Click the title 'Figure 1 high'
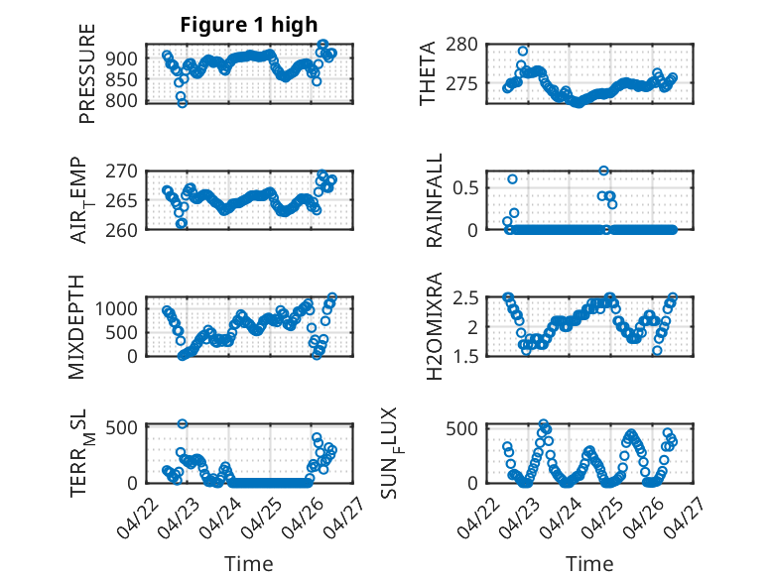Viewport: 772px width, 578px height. (249, 25)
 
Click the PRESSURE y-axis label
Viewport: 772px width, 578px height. (86, 73)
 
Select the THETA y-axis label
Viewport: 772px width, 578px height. (428, 73)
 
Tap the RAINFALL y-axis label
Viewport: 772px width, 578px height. (435, 200)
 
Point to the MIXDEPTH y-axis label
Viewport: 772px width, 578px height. (76, 327)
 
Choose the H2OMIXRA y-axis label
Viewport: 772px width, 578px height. (435, 326)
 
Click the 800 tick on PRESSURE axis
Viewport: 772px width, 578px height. (122, 100)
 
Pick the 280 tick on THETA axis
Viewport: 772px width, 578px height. (461, 45)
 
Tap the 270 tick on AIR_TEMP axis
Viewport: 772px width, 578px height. (122, 172)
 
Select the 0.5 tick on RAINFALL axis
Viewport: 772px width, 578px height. (465, 188)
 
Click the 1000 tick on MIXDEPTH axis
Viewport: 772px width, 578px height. (116, 309)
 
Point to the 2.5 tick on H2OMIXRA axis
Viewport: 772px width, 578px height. (465, 298)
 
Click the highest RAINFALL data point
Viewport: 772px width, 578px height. (603, 171)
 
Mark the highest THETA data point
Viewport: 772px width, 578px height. (523, 52)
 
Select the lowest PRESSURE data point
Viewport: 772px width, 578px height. (183, 103)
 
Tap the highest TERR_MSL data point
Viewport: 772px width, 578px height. (183, 423)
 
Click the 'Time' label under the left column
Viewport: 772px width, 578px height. (249, 564)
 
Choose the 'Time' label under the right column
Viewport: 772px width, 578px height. (589, 564)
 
